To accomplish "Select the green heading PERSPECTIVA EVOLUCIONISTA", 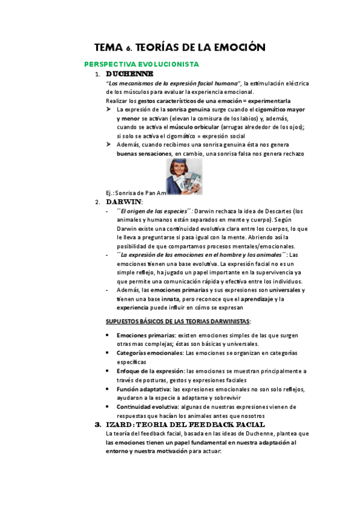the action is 141,64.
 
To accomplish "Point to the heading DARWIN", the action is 124,201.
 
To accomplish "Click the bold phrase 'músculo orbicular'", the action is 194,127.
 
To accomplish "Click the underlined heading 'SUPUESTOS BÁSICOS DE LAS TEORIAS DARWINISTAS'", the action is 178,321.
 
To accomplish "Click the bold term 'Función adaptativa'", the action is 142,389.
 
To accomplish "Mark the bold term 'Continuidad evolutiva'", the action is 147,407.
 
